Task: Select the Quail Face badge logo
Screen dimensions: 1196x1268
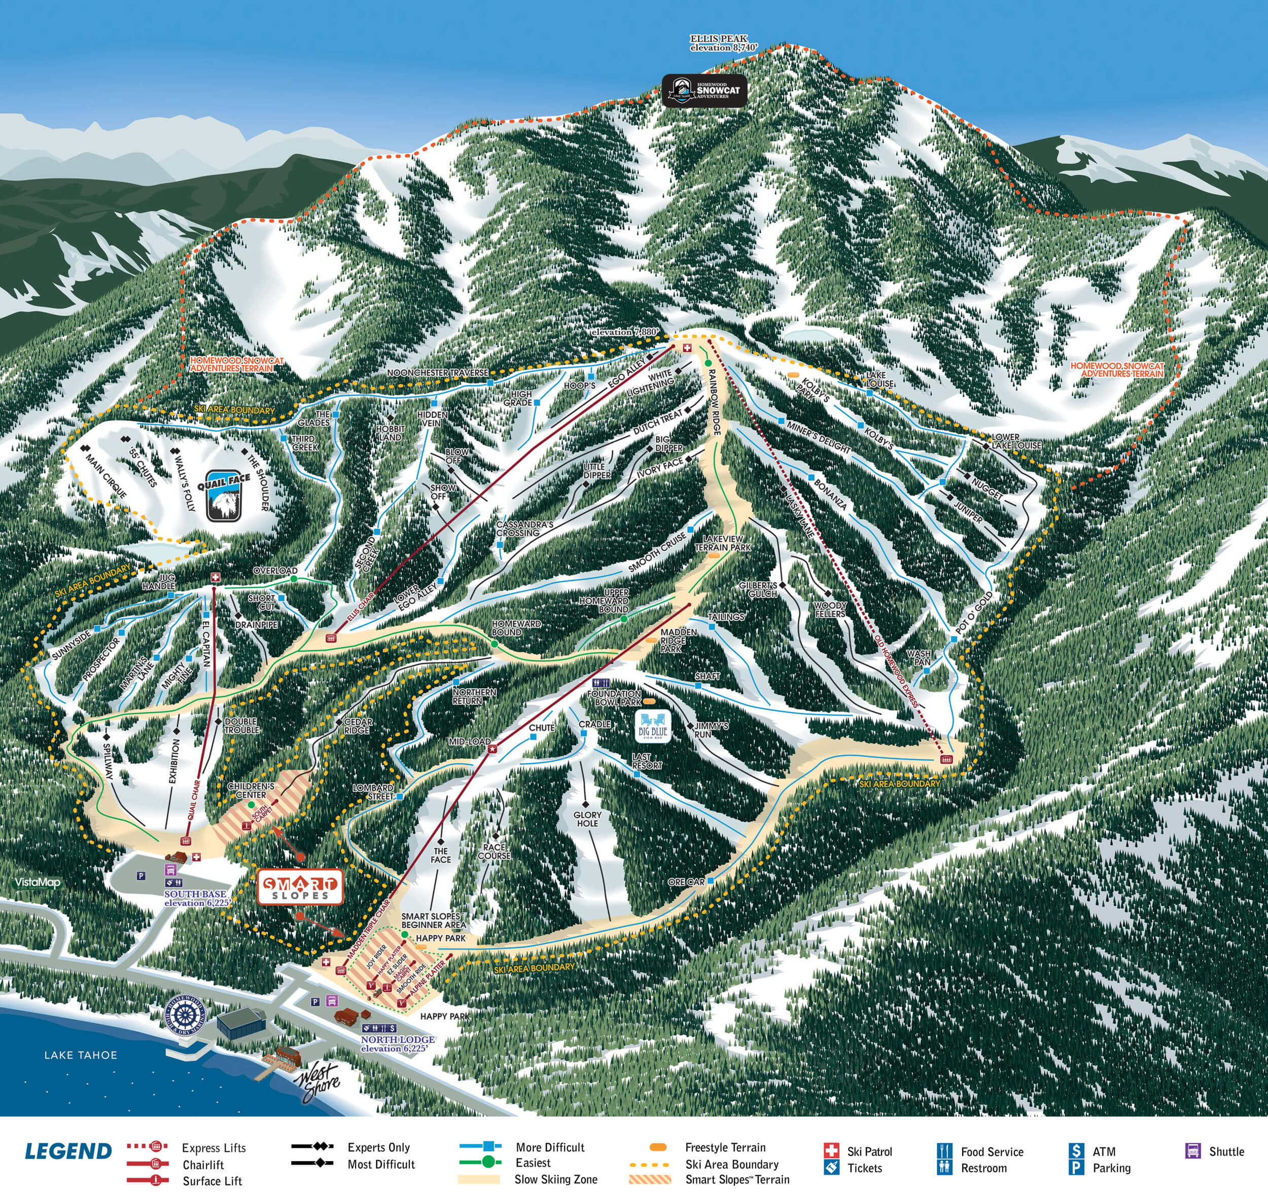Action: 224,496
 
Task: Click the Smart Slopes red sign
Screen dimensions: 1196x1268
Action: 300,887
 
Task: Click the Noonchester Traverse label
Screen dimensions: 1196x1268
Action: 438,372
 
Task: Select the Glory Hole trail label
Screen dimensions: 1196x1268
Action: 587,819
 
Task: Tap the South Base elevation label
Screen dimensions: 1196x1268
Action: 195,898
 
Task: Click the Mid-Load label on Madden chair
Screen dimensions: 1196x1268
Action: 470,742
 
